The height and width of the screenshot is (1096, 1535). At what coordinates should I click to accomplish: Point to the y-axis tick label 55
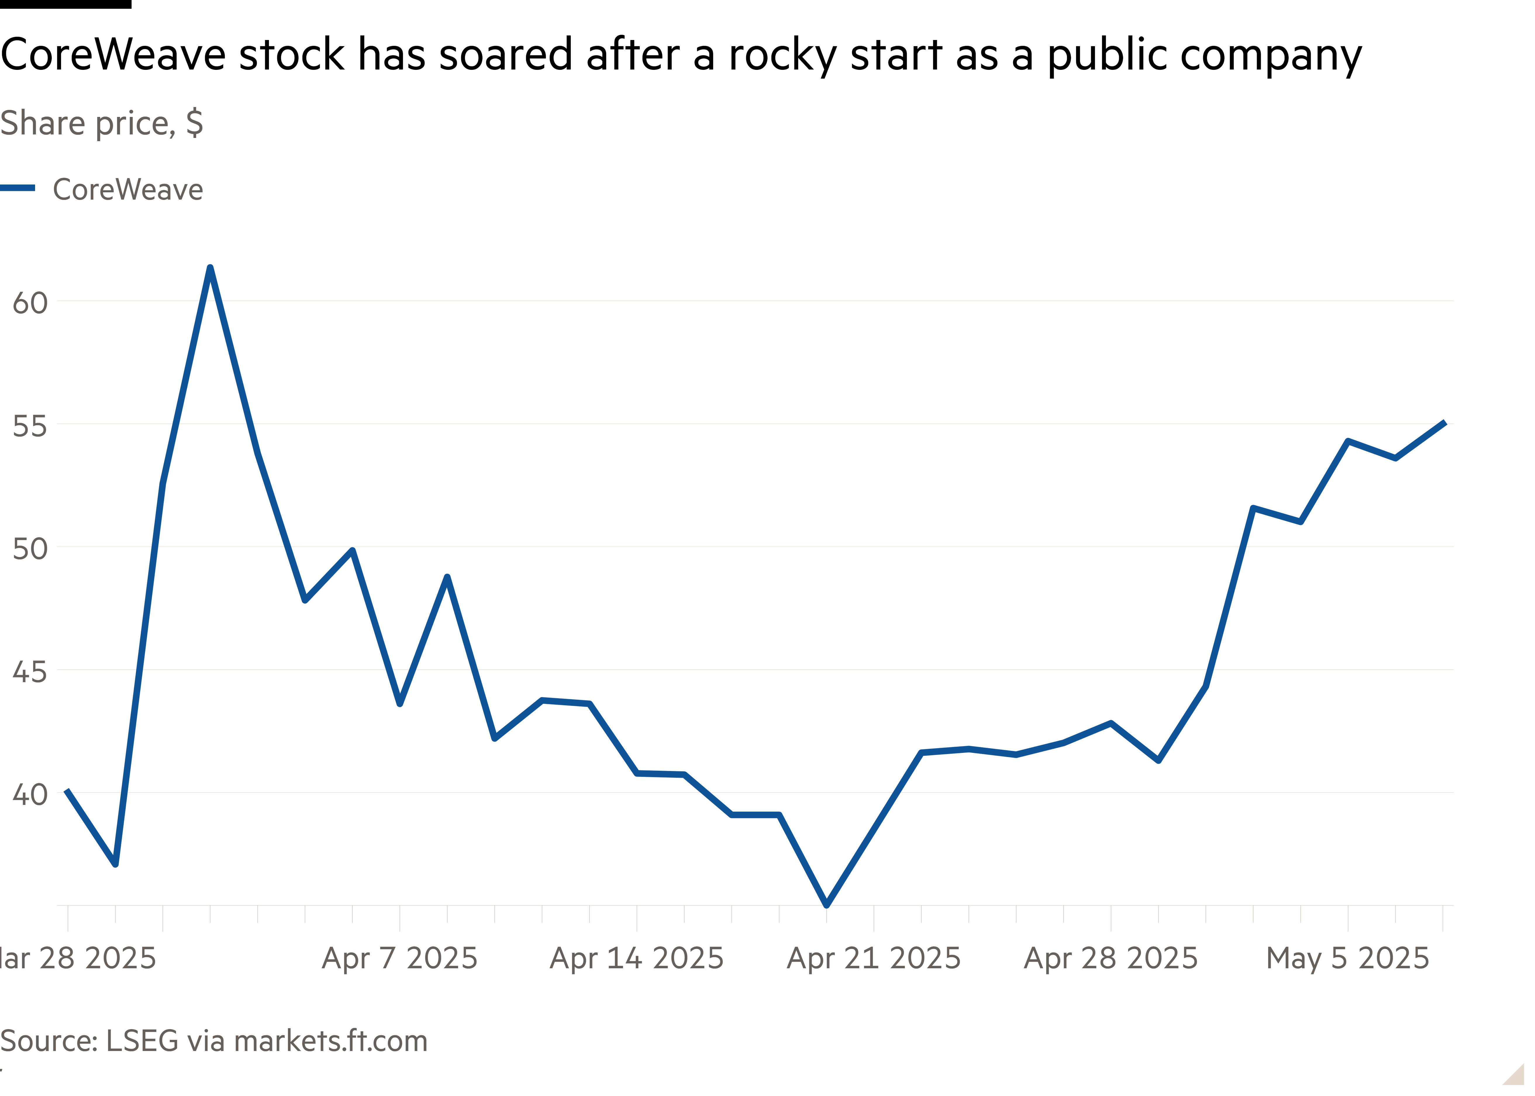(x=30, y=426)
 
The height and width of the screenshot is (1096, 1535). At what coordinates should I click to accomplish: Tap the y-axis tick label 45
(x=30, y=672)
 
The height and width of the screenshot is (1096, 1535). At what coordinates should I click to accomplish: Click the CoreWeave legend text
(x=127, y=190)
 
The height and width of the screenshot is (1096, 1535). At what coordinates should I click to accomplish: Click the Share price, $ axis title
(x=101, y=124)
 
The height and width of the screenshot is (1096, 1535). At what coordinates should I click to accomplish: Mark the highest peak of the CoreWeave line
(x=210, y=268)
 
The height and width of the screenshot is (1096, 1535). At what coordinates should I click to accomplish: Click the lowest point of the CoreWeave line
(x=826, y=904)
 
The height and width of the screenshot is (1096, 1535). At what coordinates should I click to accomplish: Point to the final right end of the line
(x=1443, y=422)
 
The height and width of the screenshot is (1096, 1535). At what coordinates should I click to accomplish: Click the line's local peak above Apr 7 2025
(x=447, y=577)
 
